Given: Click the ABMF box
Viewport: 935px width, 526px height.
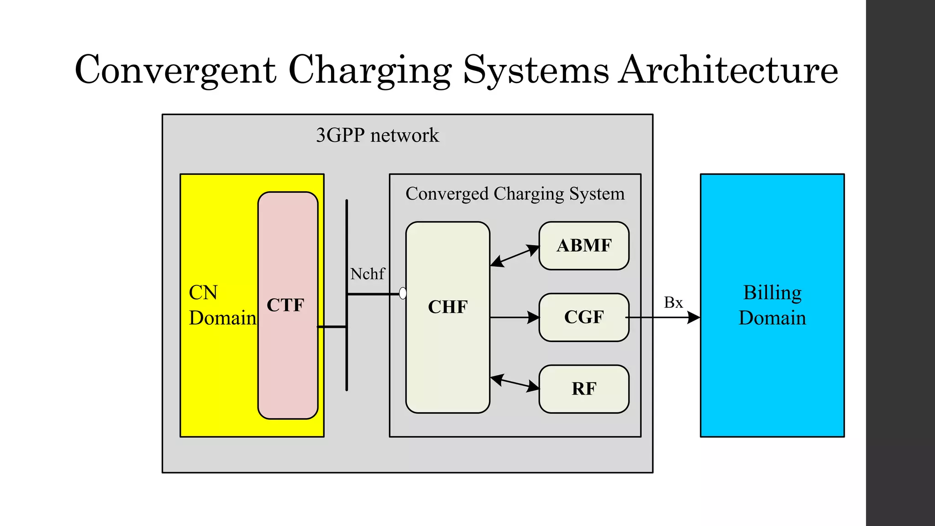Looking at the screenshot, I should coord(584,246).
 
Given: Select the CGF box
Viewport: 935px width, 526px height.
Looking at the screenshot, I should coord(584,317).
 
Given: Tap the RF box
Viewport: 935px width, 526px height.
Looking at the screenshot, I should coord(584,389).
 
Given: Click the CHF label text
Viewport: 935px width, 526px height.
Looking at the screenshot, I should coord(447,307).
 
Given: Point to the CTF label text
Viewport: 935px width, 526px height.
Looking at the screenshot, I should coord(285,305).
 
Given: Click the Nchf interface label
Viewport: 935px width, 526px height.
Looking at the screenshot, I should coord(368,274).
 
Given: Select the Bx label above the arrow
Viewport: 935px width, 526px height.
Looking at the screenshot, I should coord(673,302).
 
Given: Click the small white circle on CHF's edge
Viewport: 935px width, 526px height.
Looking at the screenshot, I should coord(403,293).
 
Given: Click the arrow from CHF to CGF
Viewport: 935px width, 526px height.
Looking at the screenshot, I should coord(515,317).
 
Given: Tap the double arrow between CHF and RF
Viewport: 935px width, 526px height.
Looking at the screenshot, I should coord(515,383).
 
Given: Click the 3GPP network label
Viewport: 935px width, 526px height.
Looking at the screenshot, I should coord(377,135).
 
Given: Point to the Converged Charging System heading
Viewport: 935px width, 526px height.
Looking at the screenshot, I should coord(515,194).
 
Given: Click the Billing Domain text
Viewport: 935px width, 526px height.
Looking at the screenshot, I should coord(772,305).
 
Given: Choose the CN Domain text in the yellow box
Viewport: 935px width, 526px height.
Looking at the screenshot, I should coord(222,305).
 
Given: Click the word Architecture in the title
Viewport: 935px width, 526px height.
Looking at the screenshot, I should coord(728,70).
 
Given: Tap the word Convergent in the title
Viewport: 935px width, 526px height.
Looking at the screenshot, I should coord(175,70).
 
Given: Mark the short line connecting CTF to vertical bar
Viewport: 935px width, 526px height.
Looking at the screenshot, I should coord(332,327).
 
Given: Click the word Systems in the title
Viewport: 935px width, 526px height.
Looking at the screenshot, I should coord(536,70).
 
